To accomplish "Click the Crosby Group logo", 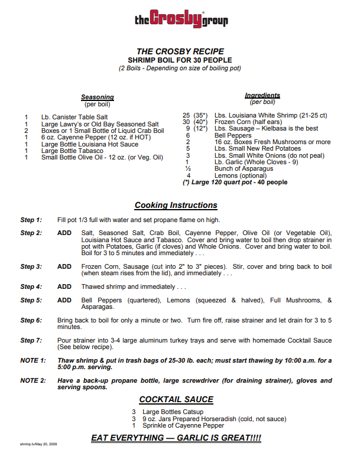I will pyautogui.click(x=181, y=19).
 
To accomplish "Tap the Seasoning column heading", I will pyautogui.click(x=97, y=97).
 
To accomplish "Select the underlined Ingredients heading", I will pyautogui.click(x=262, y=95).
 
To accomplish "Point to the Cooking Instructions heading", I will pyautogui.click(x=176, y=206).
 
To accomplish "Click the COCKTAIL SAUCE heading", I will pyautogui.click(x=176, y=400).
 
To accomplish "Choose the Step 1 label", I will pyautogui.click(x=31, y=220).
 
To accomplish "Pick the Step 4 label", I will pyautogui.click(x=31, y=286).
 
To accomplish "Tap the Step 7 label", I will pyautogui.click(x=31, y=340).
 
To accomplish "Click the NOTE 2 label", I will pyautogui.click(x=33, y=380).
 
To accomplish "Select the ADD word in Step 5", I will pyautogui.click(x=64, y=300).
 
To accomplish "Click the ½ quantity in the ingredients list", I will pyautogui.click(x=187, y=168).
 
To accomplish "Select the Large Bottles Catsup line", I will pyautogui.click(x=171, y=412).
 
